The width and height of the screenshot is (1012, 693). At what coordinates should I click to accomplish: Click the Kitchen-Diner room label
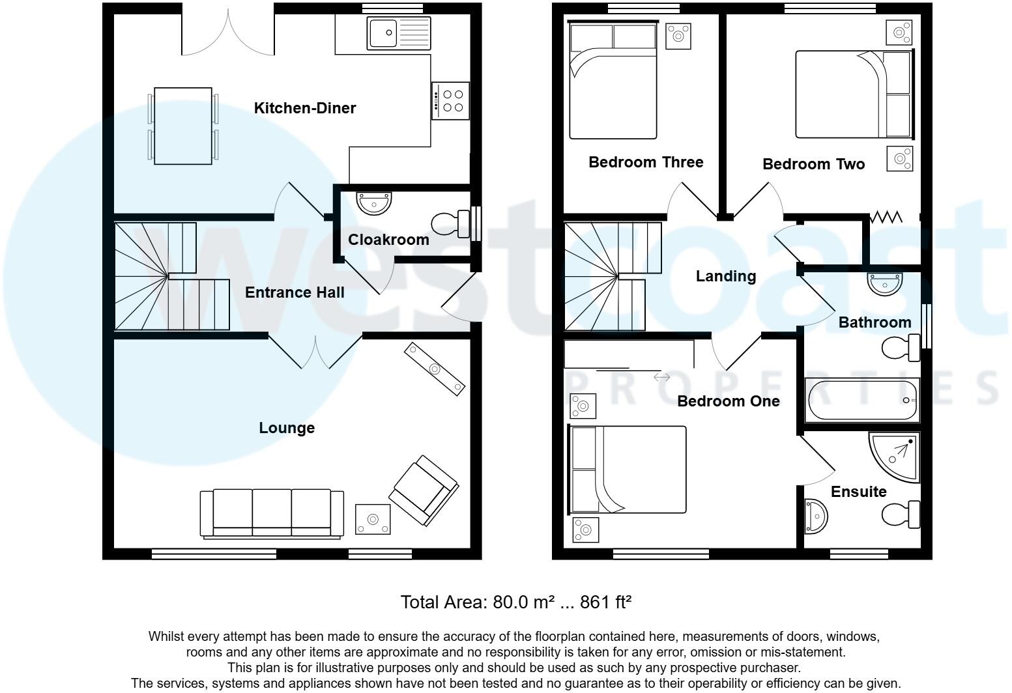304,108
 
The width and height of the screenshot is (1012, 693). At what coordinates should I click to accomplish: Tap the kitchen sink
398,33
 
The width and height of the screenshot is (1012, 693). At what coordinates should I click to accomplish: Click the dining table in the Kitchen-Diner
183,126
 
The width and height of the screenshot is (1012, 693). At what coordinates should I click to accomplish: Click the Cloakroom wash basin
375,203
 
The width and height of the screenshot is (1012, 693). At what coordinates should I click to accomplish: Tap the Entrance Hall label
295,292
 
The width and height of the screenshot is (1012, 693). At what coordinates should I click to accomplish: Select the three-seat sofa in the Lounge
272,513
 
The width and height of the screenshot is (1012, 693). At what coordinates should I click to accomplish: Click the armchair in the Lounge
424,490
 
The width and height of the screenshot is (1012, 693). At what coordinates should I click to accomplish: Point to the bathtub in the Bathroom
862,400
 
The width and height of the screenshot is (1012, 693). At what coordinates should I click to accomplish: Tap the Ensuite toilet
901,515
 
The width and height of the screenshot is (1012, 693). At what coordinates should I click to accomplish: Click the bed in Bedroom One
628,469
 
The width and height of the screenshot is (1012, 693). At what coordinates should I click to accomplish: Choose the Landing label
725,276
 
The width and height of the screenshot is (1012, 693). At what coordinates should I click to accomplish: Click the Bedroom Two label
813,164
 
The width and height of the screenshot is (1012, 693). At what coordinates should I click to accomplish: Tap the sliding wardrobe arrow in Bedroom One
661,377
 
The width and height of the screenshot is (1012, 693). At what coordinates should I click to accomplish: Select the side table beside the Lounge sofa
373,519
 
